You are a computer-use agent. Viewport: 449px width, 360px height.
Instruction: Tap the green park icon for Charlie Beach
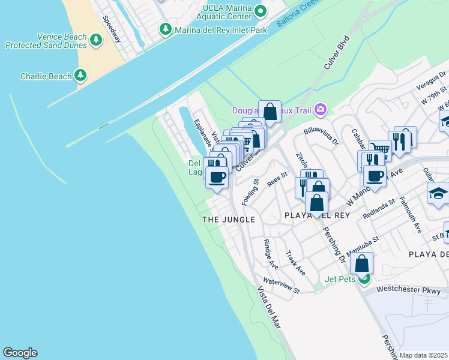click(x=80, y=76)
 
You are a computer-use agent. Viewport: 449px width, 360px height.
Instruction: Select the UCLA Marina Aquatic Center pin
click(x=261, y=11)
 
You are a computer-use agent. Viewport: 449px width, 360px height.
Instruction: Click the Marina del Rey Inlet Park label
click(x=220, y=29)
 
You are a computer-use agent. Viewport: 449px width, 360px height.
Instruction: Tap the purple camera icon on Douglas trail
click(x=321, y=109)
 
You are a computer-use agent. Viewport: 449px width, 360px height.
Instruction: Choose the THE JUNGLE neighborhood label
click(x=229, y=220)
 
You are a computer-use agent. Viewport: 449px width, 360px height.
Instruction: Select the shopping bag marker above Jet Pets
click(x=362, y=264)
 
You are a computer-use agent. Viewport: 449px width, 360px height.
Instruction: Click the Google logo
click(x=20, y=353)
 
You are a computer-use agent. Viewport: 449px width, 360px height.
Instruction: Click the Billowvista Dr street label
click(x=322, y=137)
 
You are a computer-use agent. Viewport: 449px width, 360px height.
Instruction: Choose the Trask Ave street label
click(x=296, y=263)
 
